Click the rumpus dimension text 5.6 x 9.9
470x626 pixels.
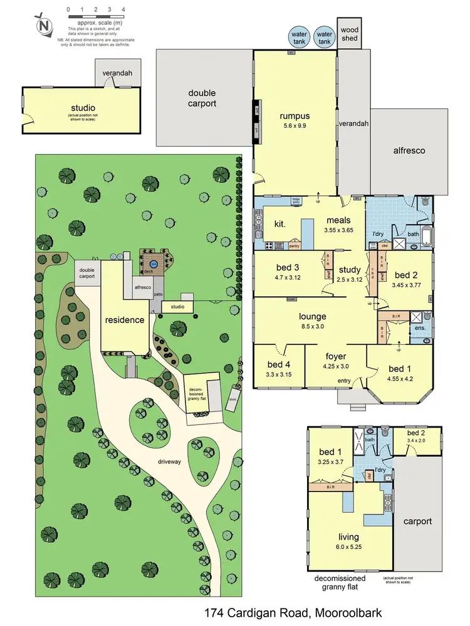coord(294,128)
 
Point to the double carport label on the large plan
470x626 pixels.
coord(202,98)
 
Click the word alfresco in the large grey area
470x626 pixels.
coord(409,150)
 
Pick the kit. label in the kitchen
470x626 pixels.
coord(280,223)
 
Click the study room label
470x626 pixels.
coord(350,270)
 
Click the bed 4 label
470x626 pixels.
coord(279,365)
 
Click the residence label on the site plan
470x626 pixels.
coord(125,320)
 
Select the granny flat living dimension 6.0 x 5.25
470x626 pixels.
coord(348,547)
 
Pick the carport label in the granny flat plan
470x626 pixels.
coord(418,521)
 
